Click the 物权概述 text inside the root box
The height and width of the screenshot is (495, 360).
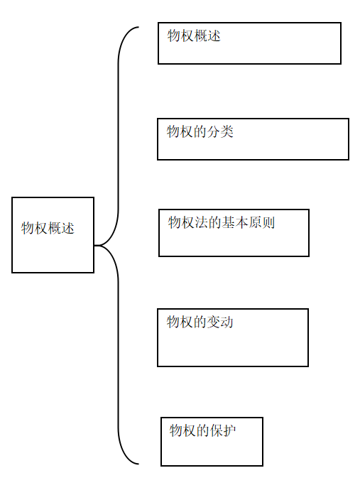click(48, 228)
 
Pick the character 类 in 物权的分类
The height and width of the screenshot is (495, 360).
click(227, 131)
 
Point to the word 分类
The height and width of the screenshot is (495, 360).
click(220, 131)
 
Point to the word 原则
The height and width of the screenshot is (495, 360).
click(261, 222)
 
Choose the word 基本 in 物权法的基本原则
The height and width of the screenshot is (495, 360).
click(235, 222)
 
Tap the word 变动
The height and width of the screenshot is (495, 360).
click(220, 322)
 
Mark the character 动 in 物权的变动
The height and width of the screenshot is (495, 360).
click(227, 322)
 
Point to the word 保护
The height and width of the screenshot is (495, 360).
click(223, 430)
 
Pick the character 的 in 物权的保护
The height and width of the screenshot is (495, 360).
click(203, 430)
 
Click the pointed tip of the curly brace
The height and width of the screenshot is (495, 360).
click(94, 245)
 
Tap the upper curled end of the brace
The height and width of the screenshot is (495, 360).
click(138, 28)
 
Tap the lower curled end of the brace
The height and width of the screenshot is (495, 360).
click(138, 464)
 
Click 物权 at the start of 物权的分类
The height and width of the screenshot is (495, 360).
click(180, 131)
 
